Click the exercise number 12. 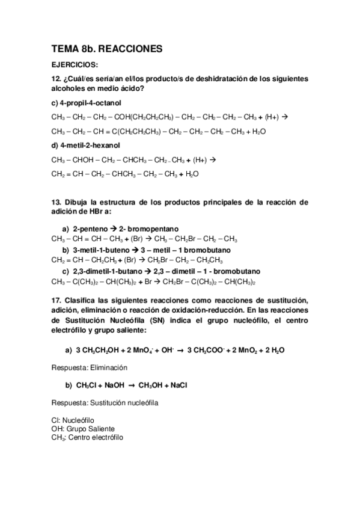tap(56, 79)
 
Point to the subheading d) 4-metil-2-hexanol tap(87, 145)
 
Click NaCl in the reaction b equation tap(178, 385)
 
